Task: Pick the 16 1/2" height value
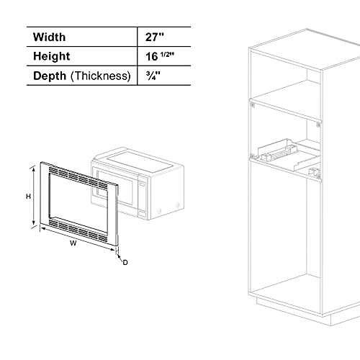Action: click(159, 55)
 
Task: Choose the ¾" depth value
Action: click(150, 75)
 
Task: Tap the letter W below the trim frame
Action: click(73, 243)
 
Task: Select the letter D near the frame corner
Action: click(125, 262)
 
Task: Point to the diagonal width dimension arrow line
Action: click(75, 235)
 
